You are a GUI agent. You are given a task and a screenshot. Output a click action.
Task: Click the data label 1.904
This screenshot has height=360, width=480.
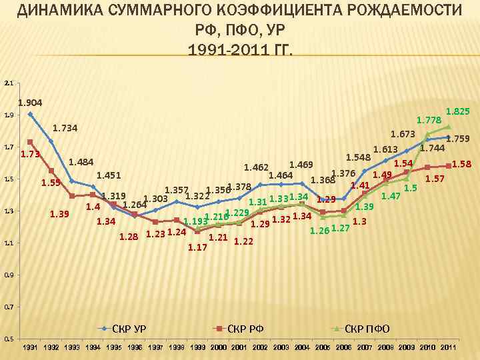pyautogui.click(x=30, y=103)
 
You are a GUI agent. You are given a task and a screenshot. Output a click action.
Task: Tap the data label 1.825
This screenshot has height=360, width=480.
pyautogui.click(x=457, y=111)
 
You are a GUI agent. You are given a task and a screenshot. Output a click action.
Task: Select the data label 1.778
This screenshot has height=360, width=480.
pyautogui.click(x=428, y=120)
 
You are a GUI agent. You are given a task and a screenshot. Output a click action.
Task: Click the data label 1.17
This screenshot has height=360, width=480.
pyautogui.click(x=198, y=247)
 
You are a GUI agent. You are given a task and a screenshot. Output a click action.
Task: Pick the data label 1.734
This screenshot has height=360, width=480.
pyautogui.click(x=65, y=128)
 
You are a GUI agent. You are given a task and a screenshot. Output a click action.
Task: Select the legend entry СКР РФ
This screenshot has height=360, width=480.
pyautogui.click(x=245, y=329)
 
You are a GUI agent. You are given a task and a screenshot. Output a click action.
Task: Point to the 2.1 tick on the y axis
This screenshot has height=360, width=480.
pyautogui.click(x=8, y=83)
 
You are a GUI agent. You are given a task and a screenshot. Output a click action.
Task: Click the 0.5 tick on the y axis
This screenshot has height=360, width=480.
pyautogui.click(x=8, y=339)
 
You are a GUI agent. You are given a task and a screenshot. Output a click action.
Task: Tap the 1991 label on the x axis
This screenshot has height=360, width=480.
pyautogui.click(x=30, y=348)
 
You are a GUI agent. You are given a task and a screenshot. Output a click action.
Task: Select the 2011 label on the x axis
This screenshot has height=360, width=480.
pyautogui.click(x=448, y=348)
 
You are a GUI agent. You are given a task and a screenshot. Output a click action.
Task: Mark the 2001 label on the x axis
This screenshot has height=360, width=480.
pyautogui.click(x=239, y=348)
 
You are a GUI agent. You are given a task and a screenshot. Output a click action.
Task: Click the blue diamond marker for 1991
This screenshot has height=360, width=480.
pyautogui.click(x=30, y=114)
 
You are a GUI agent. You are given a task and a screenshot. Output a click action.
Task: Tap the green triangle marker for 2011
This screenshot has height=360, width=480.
pyautogui.click(x=448, y=127)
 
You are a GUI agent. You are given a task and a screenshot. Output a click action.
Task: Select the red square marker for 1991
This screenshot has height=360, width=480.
pyautogui.click(x=30, y=142)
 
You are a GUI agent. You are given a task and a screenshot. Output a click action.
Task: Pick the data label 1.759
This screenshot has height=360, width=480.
pyautogui.click(x=458, y=139)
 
